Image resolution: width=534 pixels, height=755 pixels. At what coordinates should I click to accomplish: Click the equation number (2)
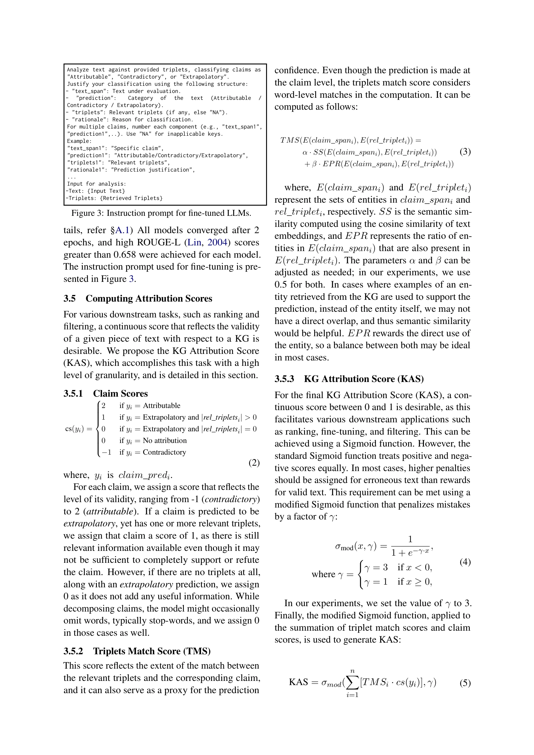click(254, 463)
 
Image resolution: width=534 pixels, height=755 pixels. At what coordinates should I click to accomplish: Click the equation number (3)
click(465, 152)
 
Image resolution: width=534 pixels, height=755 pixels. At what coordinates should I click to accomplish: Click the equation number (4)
click(465, 562)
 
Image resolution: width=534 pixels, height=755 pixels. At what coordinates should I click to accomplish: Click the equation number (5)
click(465, 683)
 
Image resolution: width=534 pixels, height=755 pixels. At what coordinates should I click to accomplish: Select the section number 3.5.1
click(73, 394)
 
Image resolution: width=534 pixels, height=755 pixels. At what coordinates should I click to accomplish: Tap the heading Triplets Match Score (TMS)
click(152, 651)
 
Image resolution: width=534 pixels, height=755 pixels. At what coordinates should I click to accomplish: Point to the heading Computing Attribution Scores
click(149, 299)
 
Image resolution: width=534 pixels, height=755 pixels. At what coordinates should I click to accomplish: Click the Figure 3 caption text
click(161, 213)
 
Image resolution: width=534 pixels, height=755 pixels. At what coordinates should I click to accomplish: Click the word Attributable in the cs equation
click(161, 406)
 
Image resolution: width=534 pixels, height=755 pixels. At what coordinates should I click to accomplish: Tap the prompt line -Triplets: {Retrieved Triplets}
click(114, 198)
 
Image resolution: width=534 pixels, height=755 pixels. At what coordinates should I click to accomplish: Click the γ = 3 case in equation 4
click(376, 568)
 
